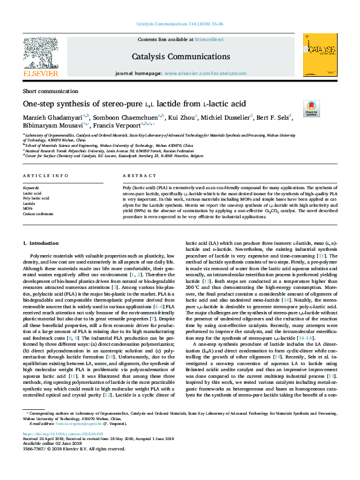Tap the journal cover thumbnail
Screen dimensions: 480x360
click(x=319, y=56)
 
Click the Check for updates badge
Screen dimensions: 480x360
click(x=312, y=109)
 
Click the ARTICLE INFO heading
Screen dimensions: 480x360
click(x=45, y=175)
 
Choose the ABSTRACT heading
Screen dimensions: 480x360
click(x=136, y=175)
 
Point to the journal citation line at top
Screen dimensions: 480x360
click(x=180, y=24)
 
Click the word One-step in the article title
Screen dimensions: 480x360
click(x=40, y=103)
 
